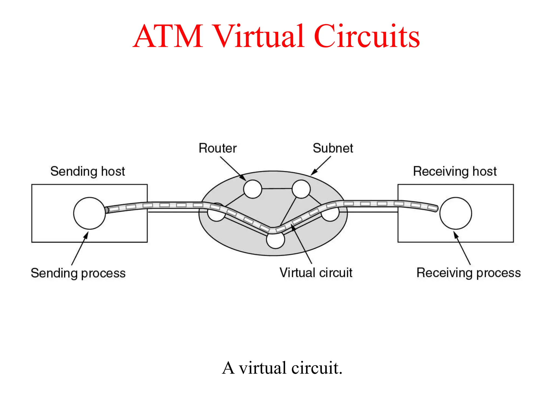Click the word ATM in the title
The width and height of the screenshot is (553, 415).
click(x=168, y=36)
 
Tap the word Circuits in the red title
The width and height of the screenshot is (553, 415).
click(x=366, y=36)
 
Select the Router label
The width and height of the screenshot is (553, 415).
click(x=217, y=148)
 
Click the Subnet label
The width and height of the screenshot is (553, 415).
click(x=333, y=148)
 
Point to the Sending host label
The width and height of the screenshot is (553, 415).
click(x=87, y=171)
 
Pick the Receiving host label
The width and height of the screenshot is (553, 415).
click(x=455, y=171)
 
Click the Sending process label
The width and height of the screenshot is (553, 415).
click(x=78, y=273)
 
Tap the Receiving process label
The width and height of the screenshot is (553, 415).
click(x=468, y=273)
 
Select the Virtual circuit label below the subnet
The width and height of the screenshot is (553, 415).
click(x=316, y=273)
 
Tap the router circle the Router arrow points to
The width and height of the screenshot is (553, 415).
click(x=252, y=189)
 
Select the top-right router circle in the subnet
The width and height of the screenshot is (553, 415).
click(x=301, y=189)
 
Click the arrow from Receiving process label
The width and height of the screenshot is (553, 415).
click(x=462, y=249)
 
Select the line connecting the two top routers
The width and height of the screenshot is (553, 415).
click(x=277, y=188)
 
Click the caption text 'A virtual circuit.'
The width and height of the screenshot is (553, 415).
click(x=282, y=368)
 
